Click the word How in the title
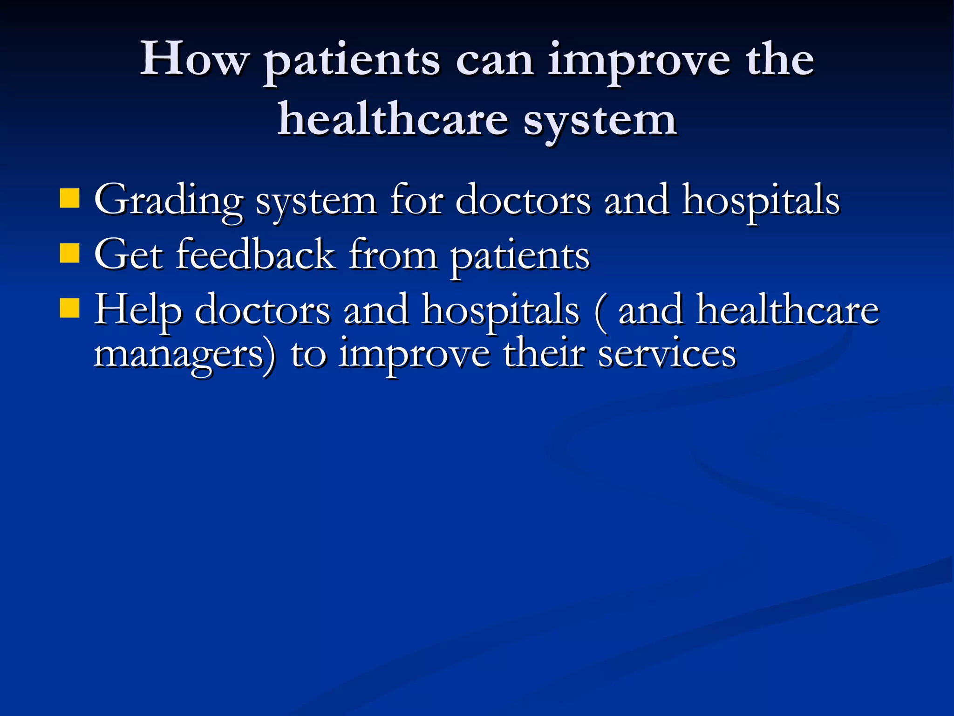click(194, 59)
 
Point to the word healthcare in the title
click(392, 120)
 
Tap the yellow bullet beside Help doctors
click(70, 308)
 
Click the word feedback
click(255, 255)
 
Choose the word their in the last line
click(543, 353)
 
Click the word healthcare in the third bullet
click(787, 310)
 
